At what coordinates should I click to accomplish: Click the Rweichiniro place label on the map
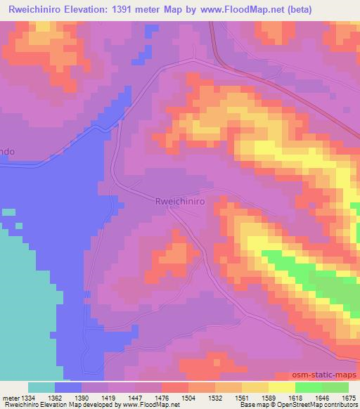click(x=179, y=200)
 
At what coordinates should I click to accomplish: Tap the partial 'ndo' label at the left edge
click(x=7, y=151)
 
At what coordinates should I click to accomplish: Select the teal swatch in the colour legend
click(x=41, y=387)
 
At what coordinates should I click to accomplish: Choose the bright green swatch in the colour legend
click(x=308, y=387)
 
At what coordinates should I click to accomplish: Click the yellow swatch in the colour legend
click(x=281, y=387)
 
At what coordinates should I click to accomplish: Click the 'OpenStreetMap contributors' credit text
click(x=320, y=405)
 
